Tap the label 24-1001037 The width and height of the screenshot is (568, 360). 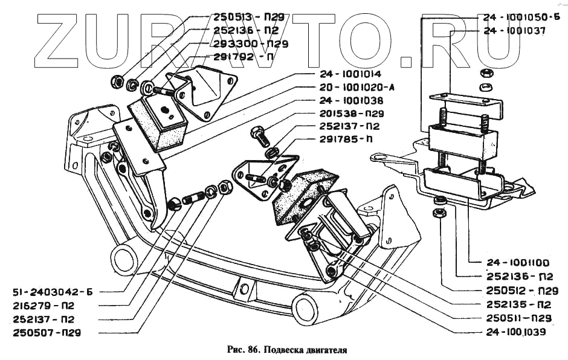514,30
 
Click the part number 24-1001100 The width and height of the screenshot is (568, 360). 517,263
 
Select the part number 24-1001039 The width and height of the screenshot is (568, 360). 517,332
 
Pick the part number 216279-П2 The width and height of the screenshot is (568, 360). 46,304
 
